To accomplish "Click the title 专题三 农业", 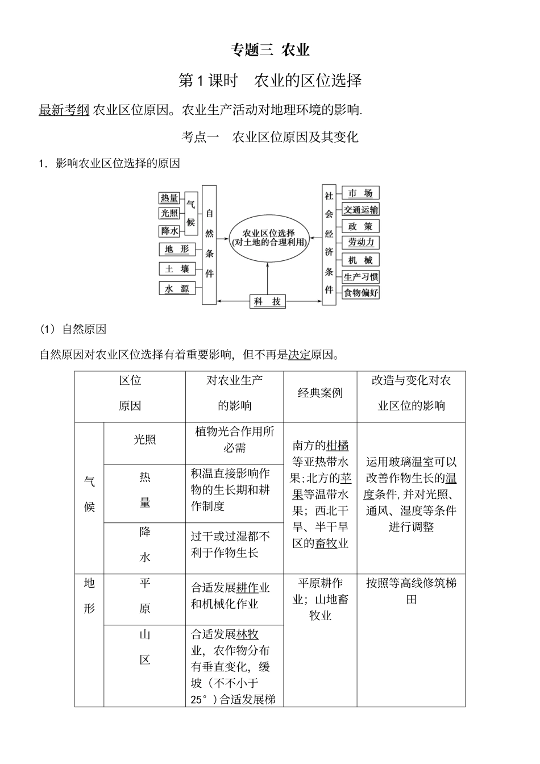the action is pos(270,50).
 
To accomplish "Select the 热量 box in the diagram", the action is pos(169,198).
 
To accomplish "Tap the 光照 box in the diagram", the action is pos(169,213).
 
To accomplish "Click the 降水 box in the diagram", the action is pos(169,231).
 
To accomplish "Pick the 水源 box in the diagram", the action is pos(177,289).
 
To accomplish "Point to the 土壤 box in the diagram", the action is pos(177,269).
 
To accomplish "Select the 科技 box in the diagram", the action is pos(268,301).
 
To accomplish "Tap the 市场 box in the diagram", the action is pos(360,193).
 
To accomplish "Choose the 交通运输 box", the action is pos(360,210).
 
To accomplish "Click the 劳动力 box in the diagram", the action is pos(360,242).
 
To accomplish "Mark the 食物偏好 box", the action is pos(360,293).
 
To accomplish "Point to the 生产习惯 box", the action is pos(360,277).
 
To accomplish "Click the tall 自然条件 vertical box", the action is pos(209,244).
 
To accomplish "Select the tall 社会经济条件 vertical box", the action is pos(329,244).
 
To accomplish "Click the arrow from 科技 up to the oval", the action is pos(268,279).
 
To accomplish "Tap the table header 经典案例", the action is pos(320,393).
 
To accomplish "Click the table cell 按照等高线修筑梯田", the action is pos(411,591).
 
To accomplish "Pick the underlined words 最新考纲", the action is pos(64,110).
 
